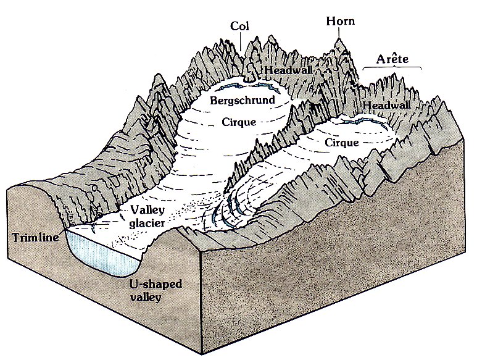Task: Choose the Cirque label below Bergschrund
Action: pos(237,122)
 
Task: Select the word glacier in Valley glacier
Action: pos(143,222)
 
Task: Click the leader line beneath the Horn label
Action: pos(338,32)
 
